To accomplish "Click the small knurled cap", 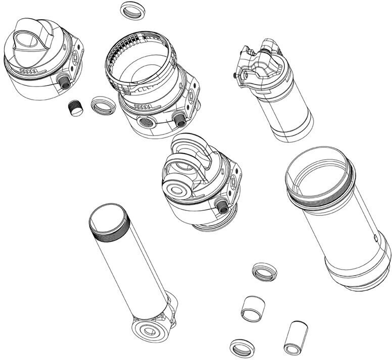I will point(75,107).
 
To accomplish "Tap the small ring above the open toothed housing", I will point(132,10).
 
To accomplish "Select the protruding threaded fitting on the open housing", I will point(178,120).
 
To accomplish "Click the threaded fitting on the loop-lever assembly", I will point(221,204).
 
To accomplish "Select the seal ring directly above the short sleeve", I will point(264,272).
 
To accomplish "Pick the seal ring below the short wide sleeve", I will point(242,348).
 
